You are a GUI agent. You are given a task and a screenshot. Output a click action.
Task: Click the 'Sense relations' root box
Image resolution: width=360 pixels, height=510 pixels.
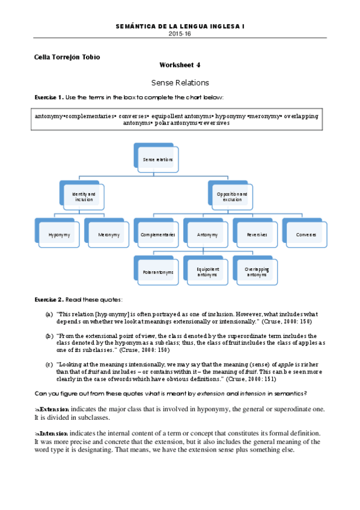[157, 159]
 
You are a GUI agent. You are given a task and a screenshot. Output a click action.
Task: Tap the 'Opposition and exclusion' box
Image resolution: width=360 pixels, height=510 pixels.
[231, 197]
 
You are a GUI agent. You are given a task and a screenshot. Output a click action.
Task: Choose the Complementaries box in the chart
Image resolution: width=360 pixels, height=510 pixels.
[157, 235]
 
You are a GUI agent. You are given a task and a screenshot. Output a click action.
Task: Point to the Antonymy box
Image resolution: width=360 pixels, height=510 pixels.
[207, 235]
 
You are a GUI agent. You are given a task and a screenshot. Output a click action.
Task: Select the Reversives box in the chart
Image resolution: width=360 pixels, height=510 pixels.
[256, 235]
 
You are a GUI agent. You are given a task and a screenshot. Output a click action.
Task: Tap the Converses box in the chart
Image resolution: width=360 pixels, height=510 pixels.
[305, 235]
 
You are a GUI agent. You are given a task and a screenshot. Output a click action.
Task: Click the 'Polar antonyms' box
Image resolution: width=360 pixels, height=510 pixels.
[157, 272]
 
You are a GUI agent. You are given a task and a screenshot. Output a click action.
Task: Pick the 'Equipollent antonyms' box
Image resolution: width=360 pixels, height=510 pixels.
[207, 272]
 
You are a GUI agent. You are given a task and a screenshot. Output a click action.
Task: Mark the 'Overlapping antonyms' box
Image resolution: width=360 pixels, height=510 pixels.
[256, 272]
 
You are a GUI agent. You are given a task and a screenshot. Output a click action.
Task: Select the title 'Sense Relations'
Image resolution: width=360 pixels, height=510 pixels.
[180, 82]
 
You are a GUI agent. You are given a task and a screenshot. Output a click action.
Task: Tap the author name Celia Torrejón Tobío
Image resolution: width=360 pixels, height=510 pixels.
[67, 57]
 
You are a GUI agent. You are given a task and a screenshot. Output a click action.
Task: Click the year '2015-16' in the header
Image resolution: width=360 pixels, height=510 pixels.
[180, 34]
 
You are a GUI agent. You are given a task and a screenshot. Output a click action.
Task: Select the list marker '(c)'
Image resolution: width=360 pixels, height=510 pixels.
[49, 364]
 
